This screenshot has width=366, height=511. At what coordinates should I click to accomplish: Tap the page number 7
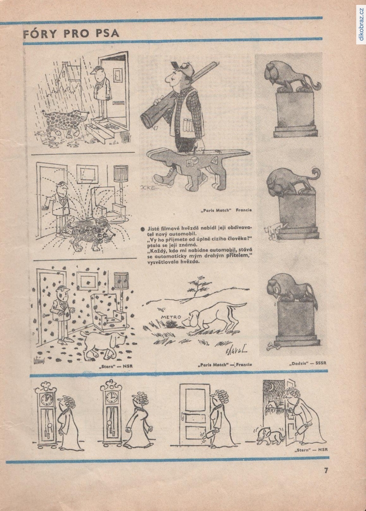(x=326, y=470)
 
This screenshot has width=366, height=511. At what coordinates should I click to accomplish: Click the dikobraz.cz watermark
(x=361, y=24)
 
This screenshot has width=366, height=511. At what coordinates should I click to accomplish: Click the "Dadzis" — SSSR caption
(x=307, y=363)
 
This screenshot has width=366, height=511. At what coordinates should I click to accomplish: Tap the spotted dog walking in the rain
(x=64, y=123)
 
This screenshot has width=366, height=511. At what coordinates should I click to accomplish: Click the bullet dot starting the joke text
(x=143, y=229)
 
